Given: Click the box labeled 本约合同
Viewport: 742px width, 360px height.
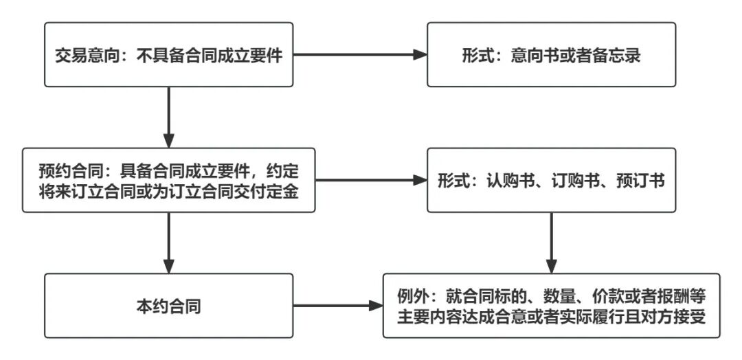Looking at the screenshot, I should (x=168, y=306).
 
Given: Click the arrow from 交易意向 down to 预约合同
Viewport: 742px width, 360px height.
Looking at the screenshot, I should (x=168, y=117).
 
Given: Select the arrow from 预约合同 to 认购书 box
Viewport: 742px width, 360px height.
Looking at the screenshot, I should (x=371, y=181).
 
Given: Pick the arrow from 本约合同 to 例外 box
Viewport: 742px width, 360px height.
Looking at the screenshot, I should (x=337, y=306).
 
